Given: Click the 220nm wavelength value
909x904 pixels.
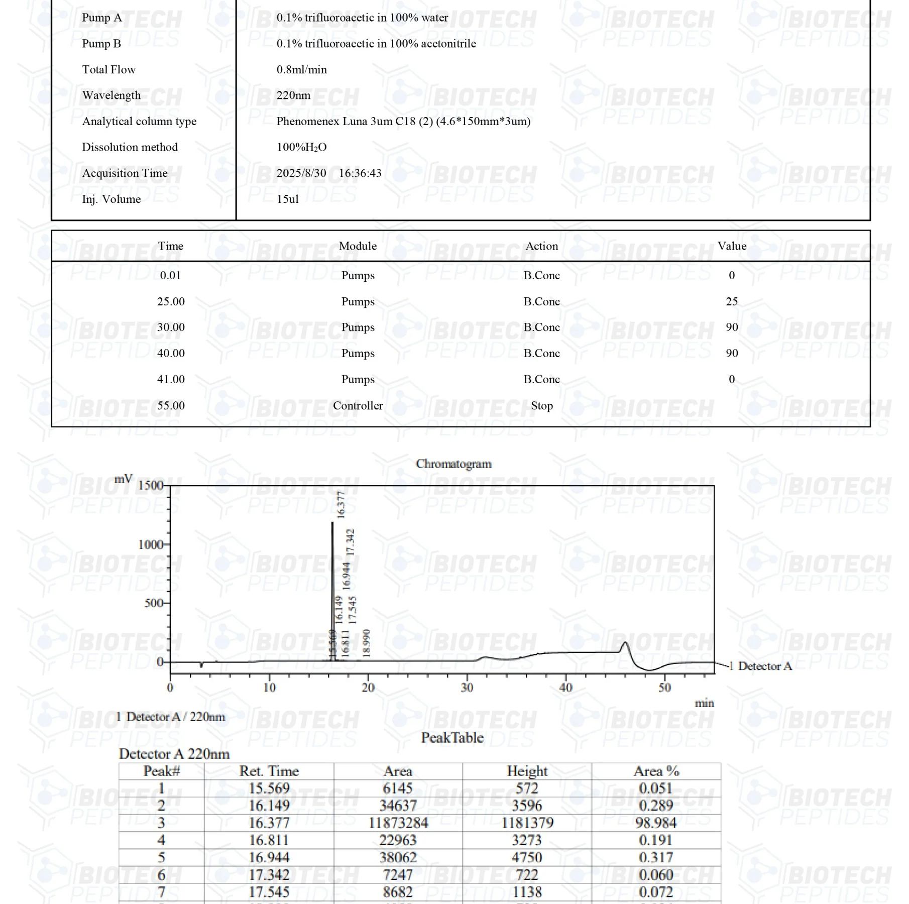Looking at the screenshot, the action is coord(293,95).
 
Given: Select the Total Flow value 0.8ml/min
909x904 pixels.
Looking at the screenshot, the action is coord(301,69).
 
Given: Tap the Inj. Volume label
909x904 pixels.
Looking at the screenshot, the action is coord(111,199).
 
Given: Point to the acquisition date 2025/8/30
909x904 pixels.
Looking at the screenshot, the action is coord(301,173).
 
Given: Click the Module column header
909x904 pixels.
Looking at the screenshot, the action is coord(358,246).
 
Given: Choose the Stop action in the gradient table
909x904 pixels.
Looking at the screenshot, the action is coord(541,406).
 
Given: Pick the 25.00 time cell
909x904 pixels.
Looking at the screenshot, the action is coord(171,301).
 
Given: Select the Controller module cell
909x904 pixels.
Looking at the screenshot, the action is coord(358,406).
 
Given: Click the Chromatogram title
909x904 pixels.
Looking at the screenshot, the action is coord(453,464).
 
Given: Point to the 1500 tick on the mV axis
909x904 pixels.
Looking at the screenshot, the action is coord(150,485).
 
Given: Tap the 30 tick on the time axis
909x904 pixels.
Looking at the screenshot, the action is coord(467,688).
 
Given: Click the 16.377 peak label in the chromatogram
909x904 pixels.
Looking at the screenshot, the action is coord(341,505).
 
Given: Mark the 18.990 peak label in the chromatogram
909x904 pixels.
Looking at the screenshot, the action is coord(367,643).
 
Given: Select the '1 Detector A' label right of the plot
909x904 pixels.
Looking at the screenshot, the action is coord(760,666).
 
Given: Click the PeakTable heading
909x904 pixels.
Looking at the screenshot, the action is coord(452,738).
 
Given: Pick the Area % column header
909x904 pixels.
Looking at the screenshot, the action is coord(656,771).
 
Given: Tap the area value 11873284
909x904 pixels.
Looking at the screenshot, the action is coord(398,823).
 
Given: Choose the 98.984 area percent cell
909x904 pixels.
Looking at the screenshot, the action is coord(656,823).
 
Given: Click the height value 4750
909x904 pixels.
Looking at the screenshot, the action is coord(527,857).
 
